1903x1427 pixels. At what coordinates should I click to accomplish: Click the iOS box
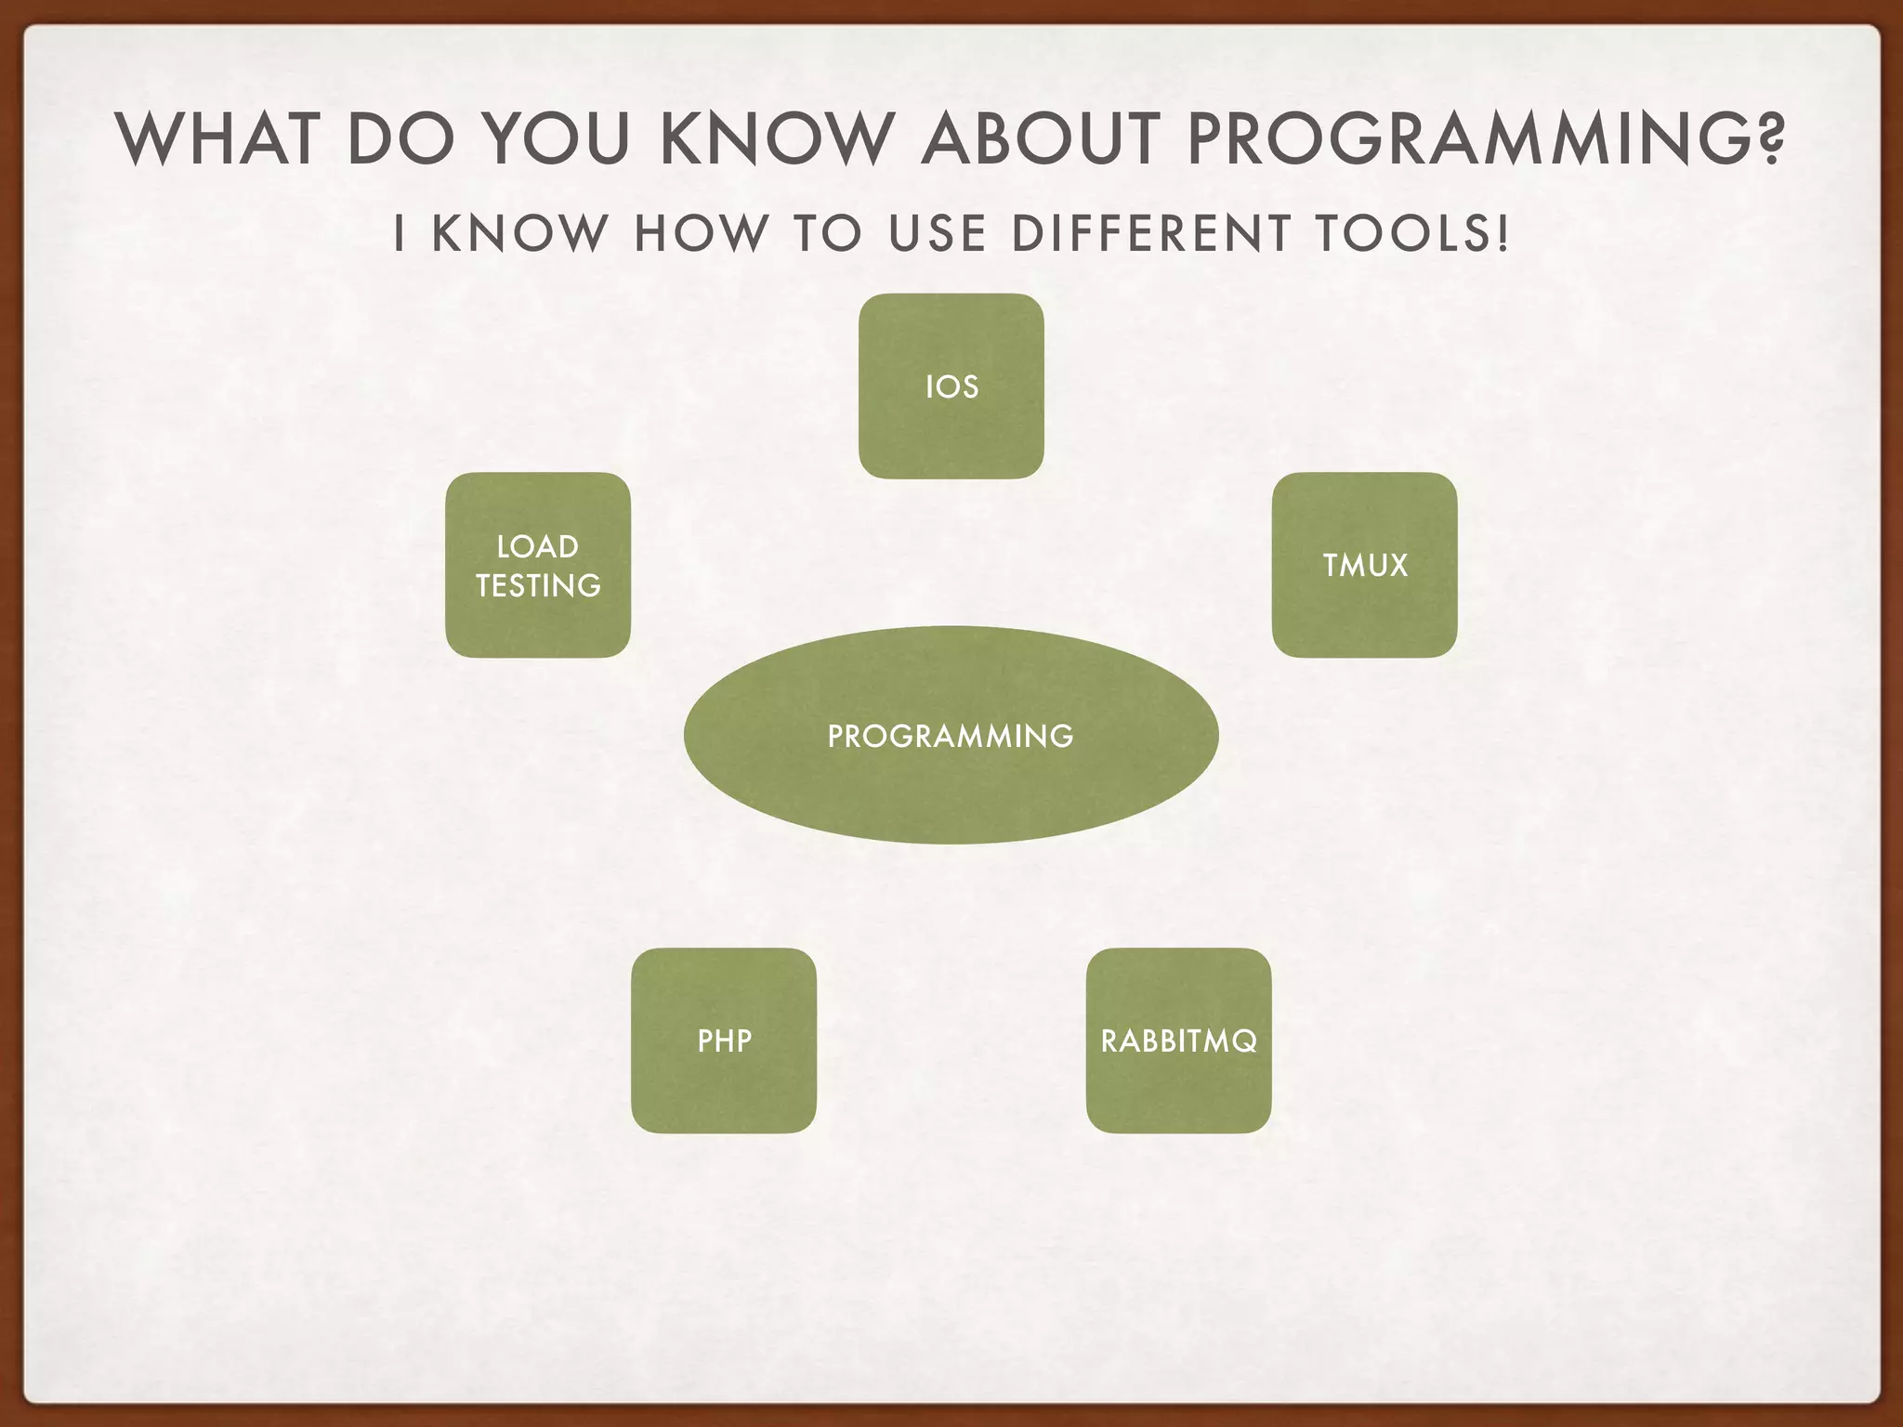click(951, 386)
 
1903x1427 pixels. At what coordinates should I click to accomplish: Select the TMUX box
click(1364, 565)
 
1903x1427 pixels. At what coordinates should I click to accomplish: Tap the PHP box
click(724, 1041)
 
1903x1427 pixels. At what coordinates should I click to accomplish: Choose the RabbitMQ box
click(1178, 1041)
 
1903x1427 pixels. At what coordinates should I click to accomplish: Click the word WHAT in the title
click(218, 139)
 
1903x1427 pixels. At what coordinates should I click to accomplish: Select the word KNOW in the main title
click(775, 139)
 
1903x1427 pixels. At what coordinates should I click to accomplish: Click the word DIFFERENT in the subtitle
click(1151, 233)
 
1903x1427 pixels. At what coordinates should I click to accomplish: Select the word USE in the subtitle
click(937, 233)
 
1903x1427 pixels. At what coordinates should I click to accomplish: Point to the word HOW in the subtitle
click(702, 233)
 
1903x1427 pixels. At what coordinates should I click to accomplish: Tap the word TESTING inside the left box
click(538, 585)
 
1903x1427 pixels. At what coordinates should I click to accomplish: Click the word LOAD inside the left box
click(538, 546)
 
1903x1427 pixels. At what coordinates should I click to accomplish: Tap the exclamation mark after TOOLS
click(1503, 233)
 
